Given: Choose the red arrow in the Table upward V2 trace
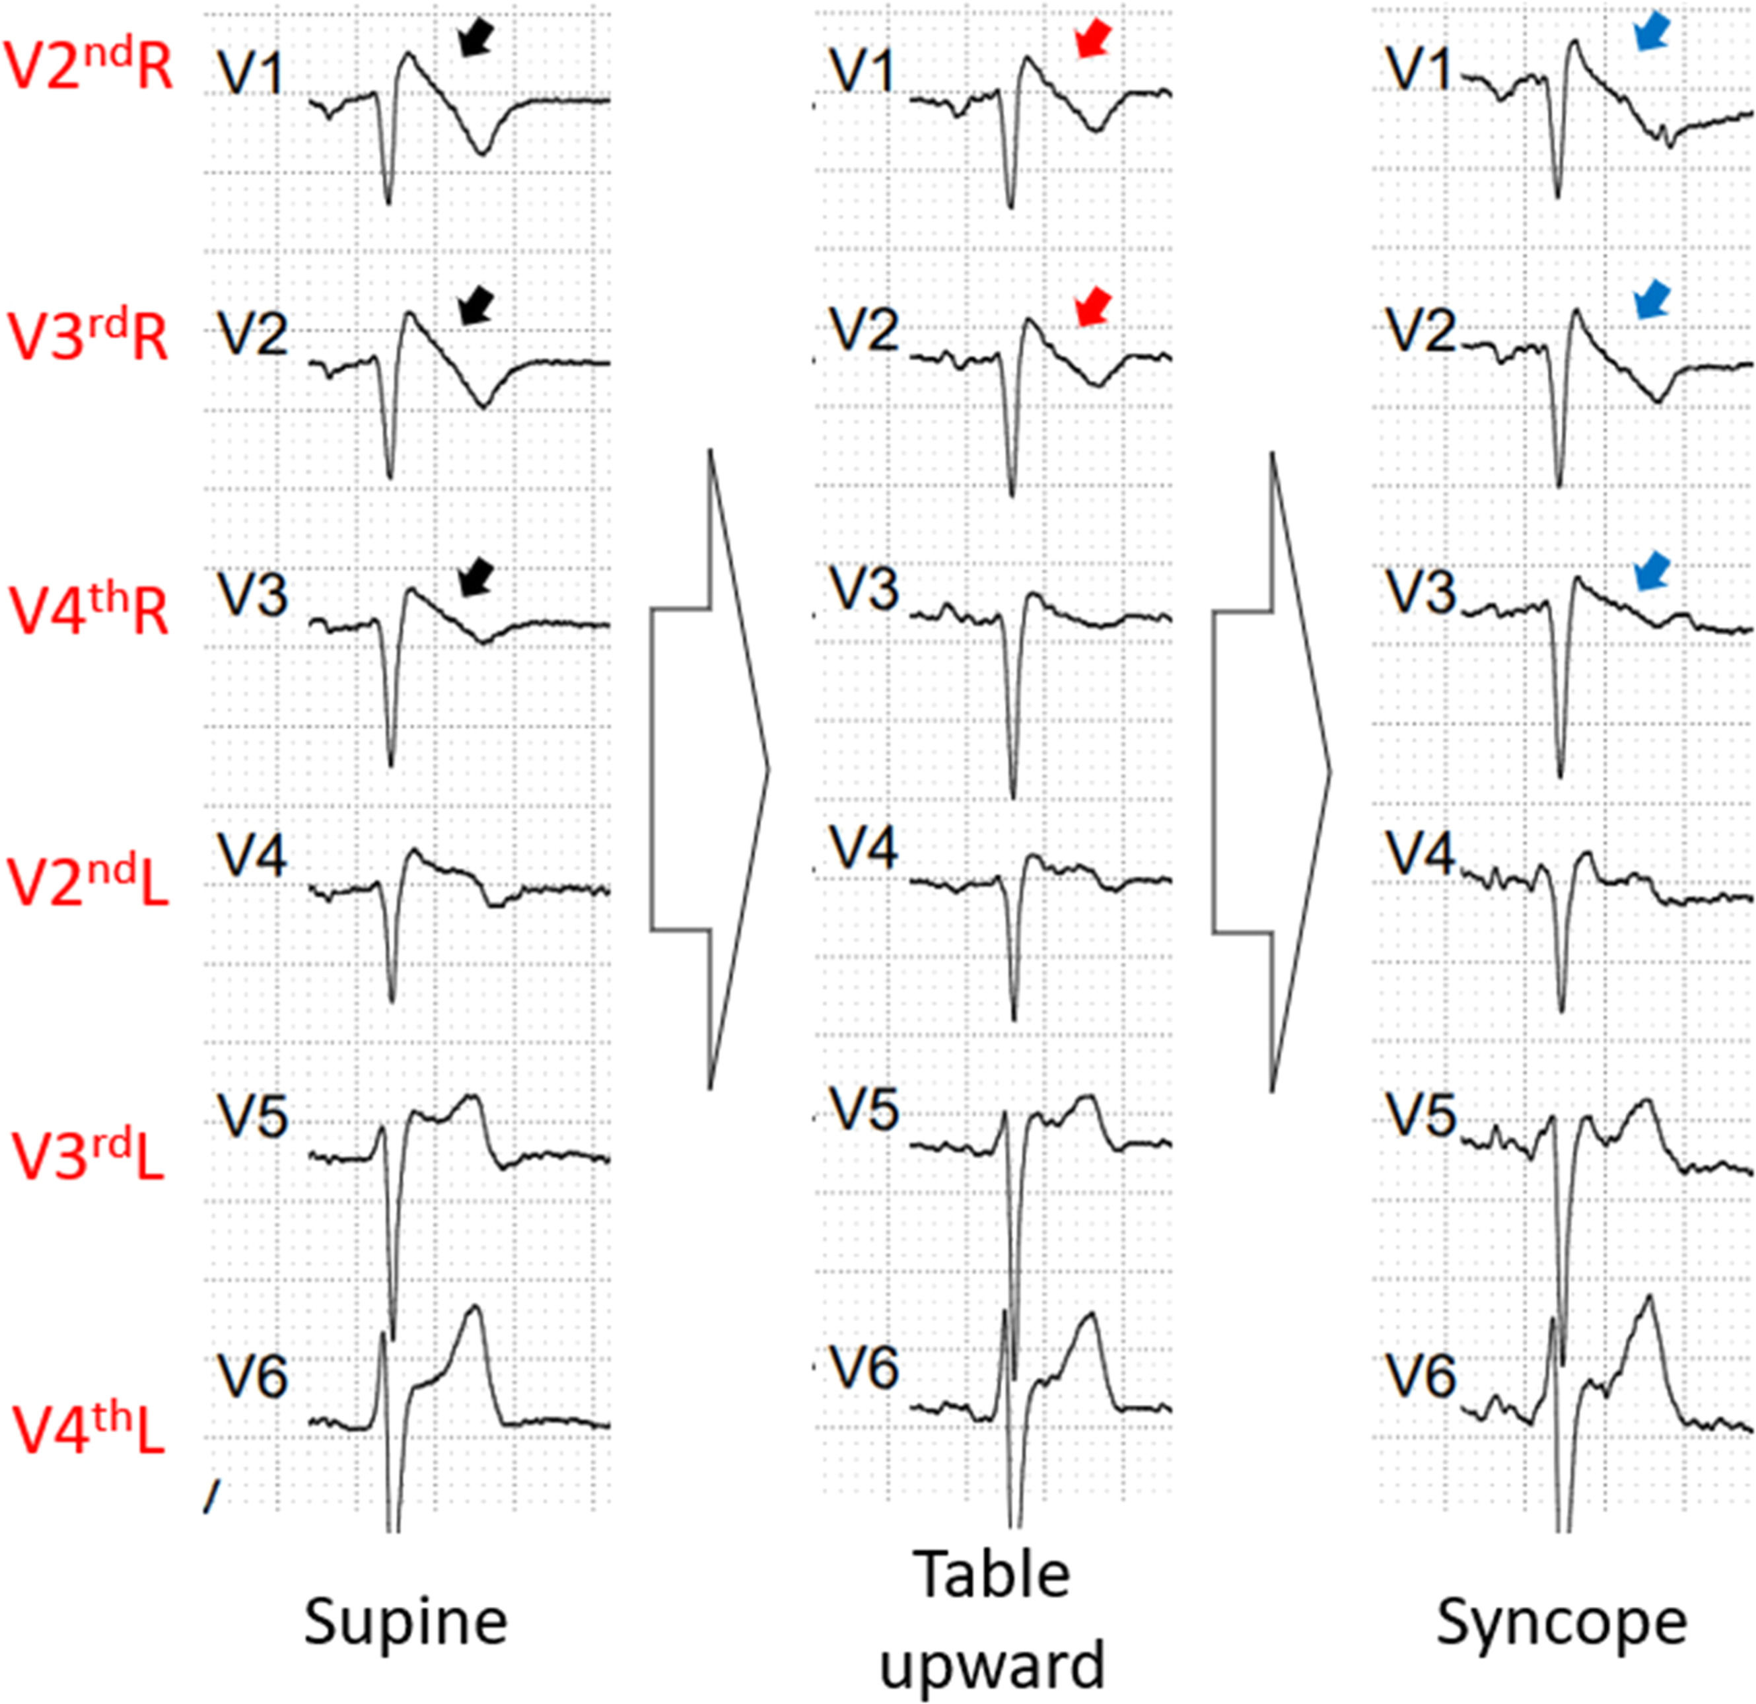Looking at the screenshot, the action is point(1093,306).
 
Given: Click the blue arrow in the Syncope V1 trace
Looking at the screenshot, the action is point(1651,31).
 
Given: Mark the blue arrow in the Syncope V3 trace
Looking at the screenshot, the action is point(1651,571).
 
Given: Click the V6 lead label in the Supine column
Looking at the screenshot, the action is point(254,1376).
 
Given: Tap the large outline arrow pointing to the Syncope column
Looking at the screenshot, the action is point(1272,771).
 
